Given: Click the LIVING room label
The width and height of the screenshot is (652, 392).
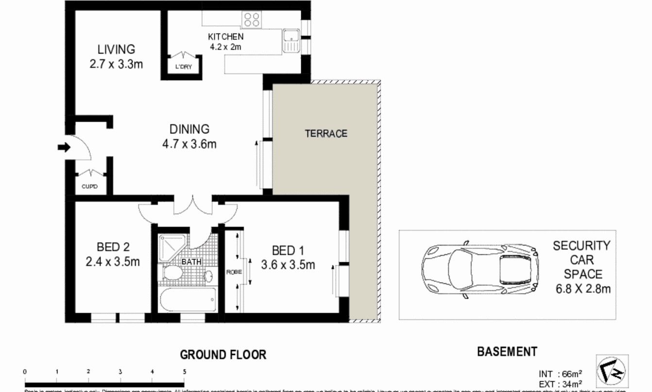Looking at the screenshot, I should click(x=116, y=49).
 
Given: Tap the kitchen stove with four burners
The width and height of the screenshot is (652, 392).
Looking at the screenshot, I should click(x=252, y=19).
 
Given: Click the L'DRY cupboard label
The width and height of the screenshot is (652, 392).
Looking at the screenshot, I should click(x=183, y=67).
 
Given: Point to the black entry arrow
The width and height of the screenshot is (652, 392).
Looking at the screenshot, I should click(x=64, y=147).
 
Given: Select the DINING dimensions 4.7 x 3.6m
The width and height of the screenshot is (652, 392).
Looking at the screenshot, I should click(x=189, y=144).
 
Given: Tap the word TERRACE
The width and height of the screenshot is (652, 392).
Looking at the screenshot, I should click(x=326, y=133).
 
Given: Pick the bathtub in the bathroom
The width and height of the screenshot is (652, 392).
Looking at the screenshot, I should click(x=188, y=299).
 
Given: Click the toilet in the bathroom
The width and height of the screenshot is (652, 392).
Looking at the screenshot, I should click(x=173, y=272).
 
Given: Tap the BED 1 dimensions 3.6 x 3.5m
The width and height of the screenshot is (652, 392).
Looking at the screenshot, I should click(x=288, y=265).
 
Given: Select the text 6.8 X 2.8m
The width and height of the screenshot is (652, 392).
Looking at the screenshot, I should click(x=583, y=289).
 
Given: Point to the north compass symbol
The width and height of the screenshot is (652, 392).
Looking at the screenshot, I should click(x=612, y=370).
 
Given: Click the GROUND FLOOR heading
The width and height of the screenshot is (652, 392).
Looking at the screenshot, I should click(x=223, y=355).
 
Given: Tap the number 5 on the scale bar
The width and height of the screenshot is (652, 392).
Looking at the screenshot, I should click(x=184, y=372).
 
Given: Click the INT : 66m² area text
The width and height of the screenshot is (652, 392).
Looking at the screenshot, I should click(x=560, y=374).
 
